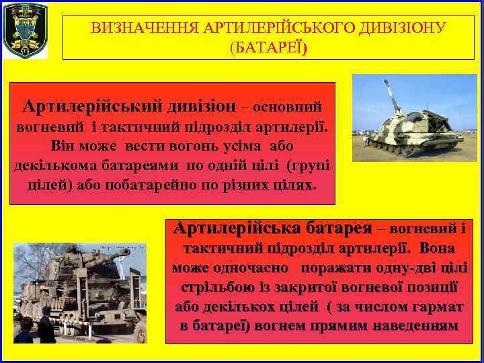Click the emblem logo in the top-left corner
pyautogui.click(x=26, y=30)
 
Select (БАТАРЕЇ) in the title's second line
pyautogui.click(x=268, y=48)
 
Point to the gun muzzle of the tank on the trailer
pyautogui.click(x=125, y=255)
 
